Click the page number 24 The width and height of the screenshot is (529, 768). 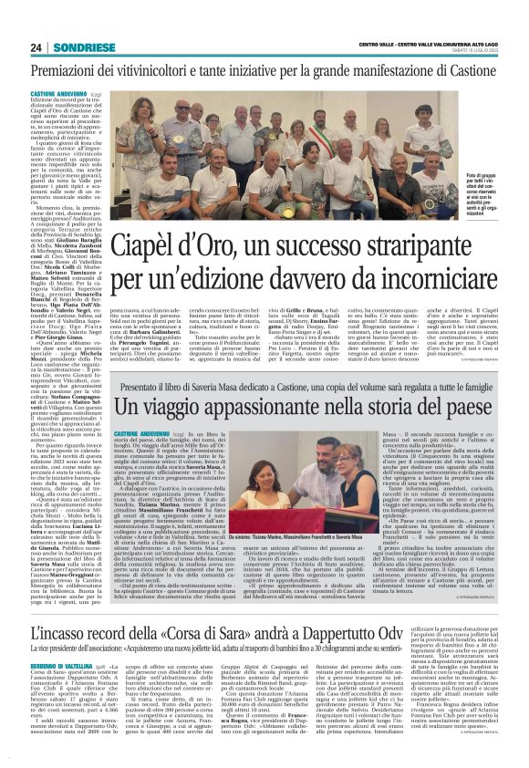[38, 47]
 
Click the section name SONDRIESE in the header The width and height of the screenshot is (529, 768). [88, 47]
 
